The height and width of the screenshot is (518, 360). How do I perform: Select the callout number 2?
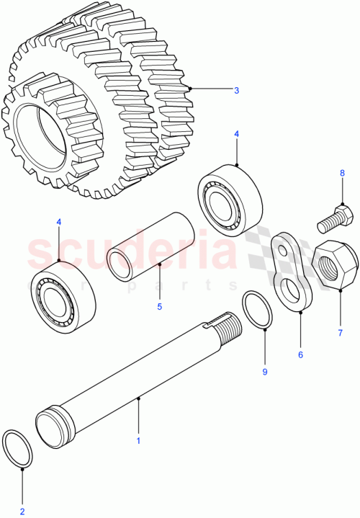[x=22, y=512]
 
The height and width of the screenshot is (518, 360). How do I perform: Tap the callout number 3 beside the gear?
[x=235, y=90]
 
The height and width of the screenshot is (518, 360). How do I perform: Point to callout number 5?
[x=160, y=305]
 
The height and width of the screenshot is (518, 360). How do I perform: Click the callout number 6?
[x=300, y=354]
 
